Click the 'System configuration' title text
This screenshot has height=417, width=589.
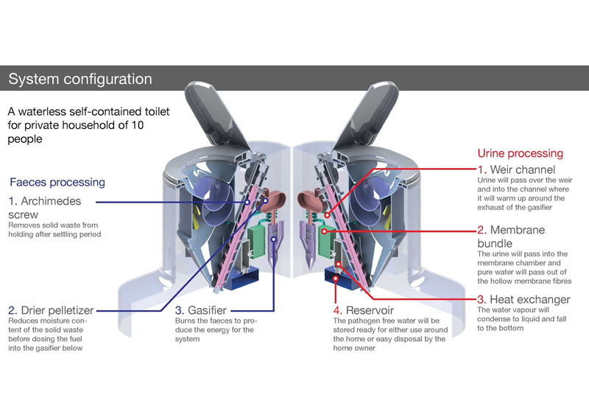point(80,79)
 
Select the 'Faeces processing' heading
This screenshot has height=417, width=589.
point(57,182)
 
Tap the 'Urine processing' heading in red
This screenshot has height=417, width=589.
point(520,153)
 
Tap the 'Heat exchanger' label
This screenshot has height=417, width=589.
point(528,299)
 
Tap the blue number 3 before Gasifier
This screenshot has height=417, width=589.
point(179,311)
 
